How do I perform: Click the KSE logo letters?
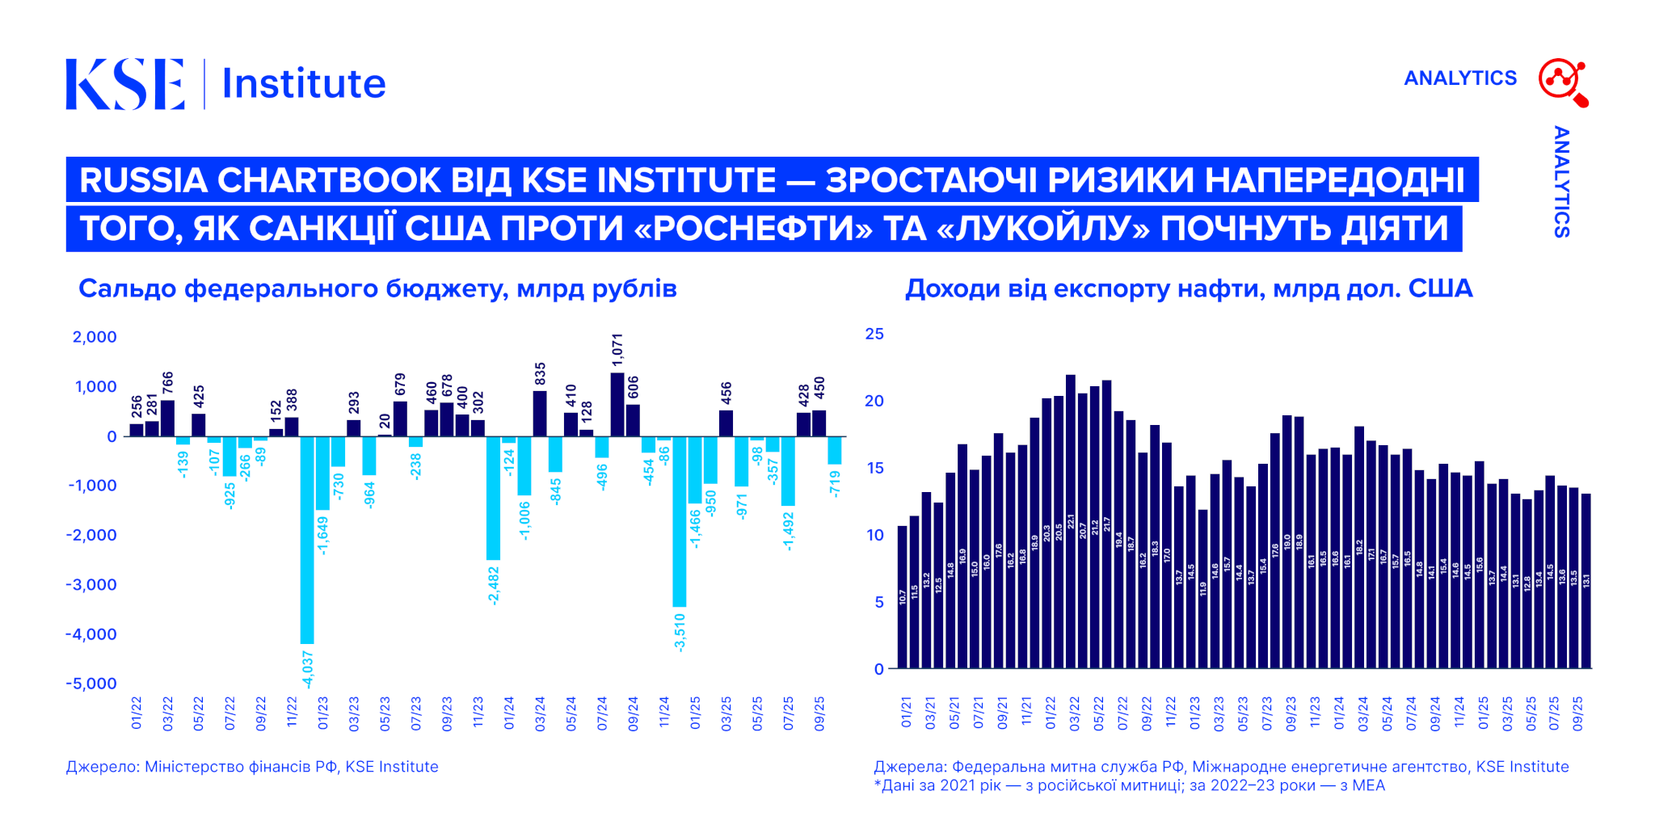(125, 83)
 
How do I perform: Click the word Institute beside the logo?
(303, 83)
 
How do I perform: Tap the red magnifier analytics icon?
(1563, 82)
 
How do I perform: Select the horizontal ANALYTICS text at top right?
(1459, 78)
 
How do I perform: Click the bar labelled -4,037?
(307, 540)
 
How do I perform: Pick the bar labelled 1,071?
(617, 404)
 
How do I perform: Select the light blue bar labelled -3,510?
(680, 521)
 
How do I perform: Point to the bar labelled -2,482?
(493, 498)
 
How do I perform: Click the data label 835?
(541, 373)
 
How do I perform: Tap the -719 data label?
(836, 483)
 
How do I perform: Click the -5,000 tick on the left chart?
(91, 684)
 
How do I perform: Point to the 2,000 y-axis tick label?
(95, 337)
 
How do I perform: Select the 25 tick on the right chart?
(874, 334)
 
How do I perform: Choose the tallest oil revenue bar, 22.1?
(1071, 521)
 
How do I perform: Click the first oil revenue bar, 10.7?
(903, 597)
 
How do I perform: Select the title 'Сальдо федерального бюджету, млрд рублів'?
(377, 288)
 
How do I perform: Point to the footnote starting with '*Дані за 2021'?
(1129, 785)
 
